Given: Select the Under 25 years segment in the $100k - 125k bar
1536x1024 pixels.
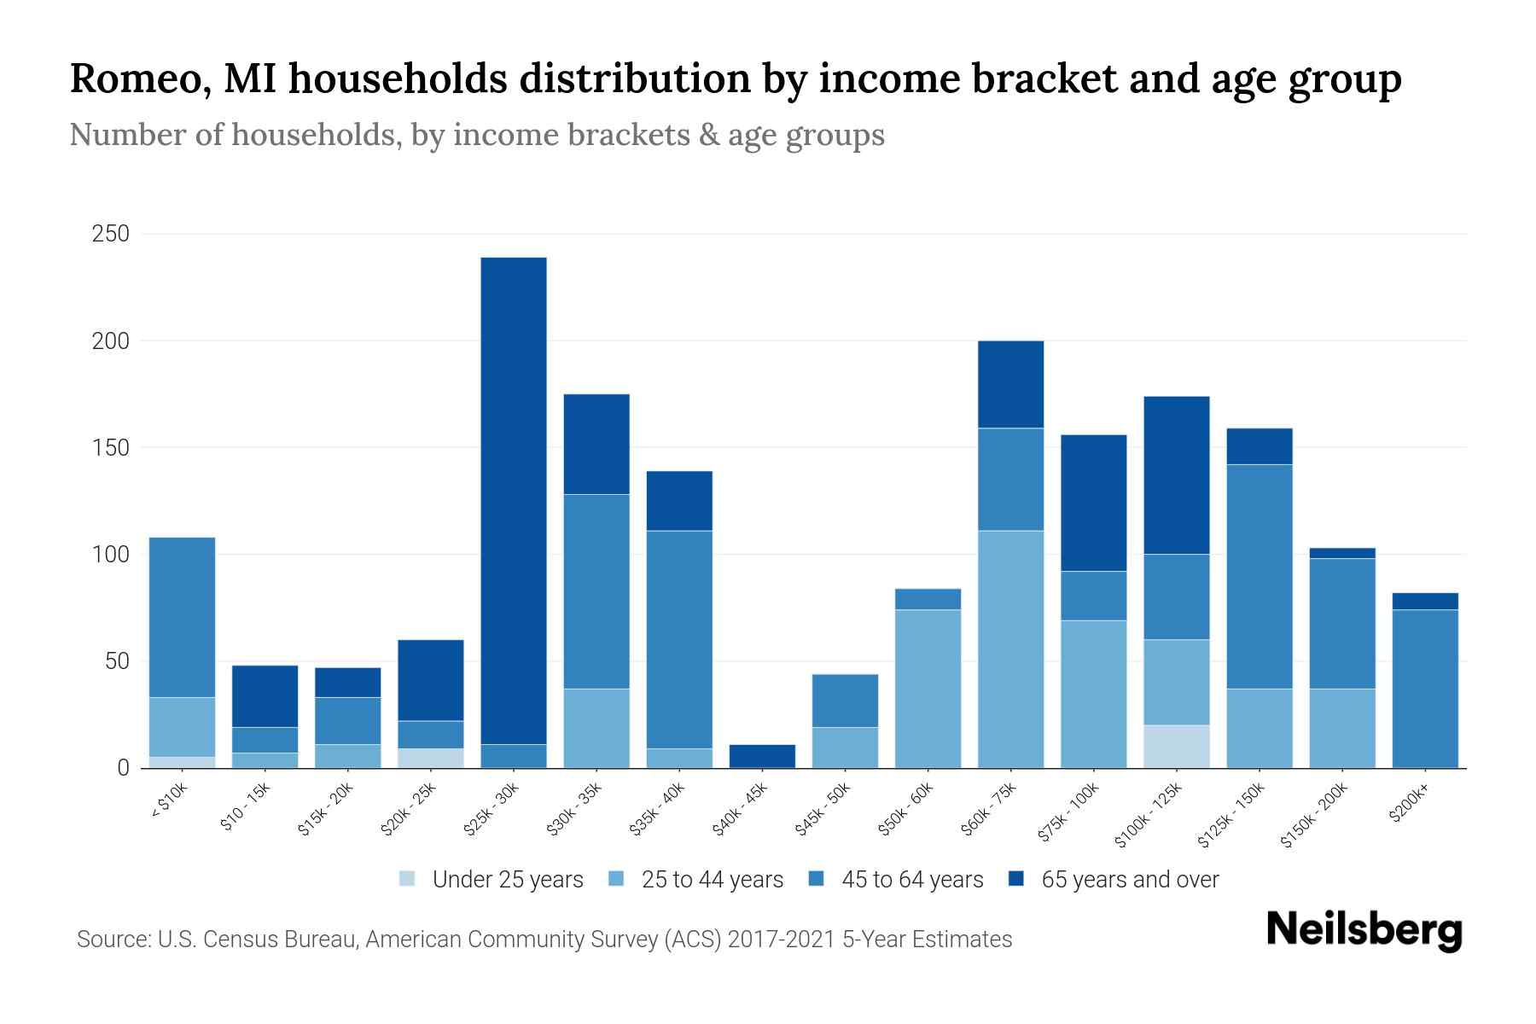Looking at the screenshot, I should pyautogui.click(x=1177, y=746).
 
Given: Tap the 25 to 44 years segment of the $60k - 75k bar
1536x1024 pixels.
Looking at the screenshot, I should pyautogui.click(x=1010, y=649).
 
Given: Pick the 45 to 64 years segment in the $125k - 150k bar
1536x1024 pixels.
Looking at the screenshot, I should pyautogui.click(x=1260, y=576).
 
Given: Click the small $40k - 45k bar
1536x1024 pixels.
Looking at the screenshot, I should pyautogui.click(x=762, y=756).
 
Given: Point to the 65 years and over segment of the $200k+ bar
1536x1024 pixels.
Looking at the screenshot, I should pyautogui.click(x=1425, y=601).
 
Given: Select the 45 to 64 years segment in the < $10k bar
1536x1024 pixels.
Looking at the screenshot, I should pyautogui.click(x=182, y=617).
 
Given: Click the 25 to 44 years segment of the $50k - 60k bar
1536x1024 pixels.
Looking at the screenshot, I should pyautogui.click(x=928, y=688).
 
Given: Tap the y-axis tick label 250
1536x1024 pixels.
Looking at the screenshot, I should pyautogui.click(x=110, y=234).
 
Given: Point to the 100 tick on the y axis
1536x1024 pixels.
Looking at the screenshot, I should pyautogui.click(x=110, y=555).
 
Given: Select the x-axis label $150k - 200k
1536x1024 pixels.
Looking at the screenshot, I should pyautogui.click(x=1314, y=815).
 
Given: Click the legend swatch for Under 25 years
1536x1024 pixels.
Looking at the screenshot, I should pyautogui.click(x=408, y=879).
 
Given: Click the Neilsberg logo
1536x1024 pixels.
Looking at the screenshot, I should pyautogui.click(x=1364, y=929).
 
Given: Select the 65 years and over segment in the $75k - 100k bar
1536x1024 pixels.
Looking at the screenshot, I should pyautogui.click(x=1093, y=503).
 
